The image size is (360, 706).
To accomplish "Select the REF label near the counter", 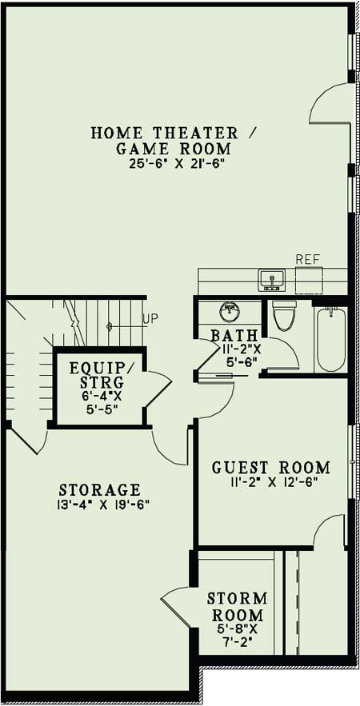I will tap(308, 259).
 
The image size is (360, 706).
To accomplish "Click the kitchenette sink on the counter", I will tap(271, 280).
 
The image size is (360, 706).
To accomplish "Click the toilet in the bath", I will tap(284, 315).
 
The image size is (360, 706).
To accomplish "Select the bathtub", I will tap(330, 339).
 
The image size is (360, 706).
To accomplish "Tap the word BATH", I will tap(234, 335).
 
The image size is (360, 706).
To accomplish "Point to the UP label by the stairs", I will tap(150, 318).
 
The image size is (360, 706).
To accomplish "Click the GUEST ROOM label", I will tap(270, 467).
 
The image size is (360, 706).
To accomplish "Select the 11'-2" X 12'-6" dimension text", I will tap(270, 481).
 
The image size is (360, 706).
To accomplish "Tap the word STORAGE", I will tap(100, 489).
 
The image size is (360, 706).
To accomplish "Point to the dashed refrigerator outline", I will tap(309, 281).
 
